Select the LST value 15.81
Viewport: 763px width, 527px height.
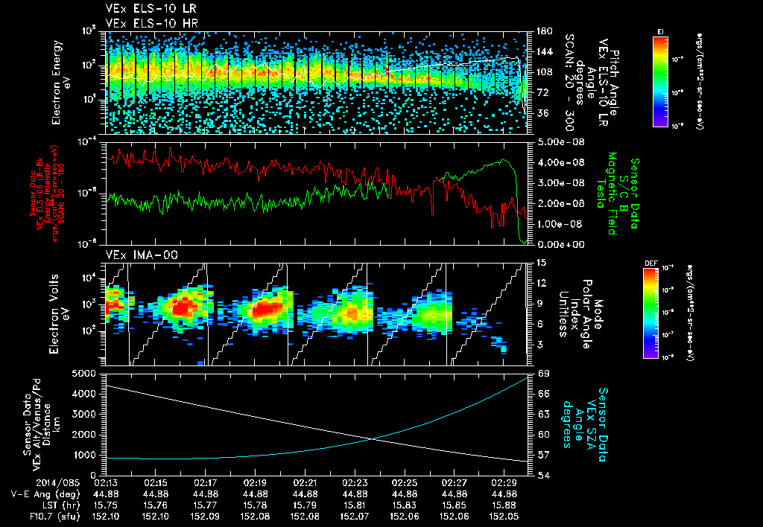355,504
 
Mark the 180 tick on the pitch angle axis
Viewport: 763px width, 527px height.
544,31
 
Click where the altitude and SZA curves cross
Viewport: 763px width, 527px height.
370,438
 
